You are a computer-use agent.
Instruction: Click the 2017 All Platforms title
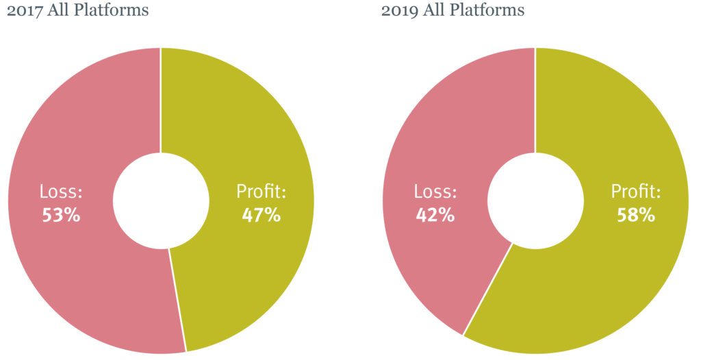[x=77, y=10]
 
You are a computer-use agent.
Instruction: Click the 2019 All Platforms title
[x=453, y=10]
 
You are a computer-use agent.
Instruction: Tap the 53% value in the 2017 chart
[x=61, y=215]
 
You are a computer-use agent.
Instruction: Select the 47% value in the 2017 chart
[x=262, y=215]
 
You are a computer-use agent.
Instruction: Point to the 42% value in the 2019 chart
[x=435, y=215]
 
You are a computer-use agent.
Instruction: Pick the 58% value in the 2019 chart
[x=636, y=215]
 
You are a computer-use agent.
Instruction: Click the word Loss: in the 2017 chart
[x=61, y=192]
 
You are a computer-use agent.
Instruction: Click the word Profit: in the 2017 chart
[x=262, y=192]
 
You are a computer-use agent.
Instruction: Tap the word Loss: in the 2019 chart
[x=435, y=192]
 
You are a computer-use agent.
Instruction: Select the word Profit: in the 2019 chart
[x=636, y=192]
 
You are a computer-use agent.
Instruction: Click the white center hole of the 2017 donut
[x=161, y=201]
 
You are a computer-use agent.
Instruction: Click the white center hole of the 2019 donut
[x=535, y=201]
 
